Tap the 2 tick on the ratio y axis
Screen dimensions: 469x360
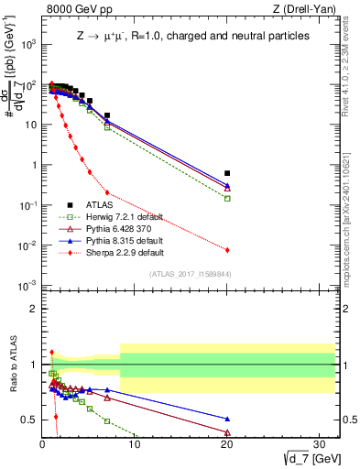(x=33, y=309)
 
